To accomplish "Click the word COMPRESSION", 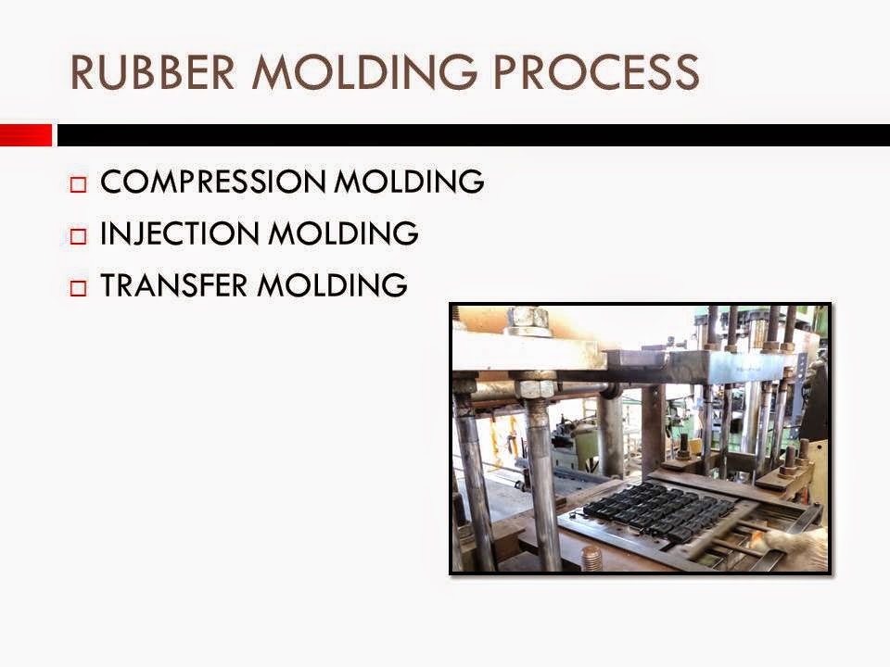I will coord(212,182).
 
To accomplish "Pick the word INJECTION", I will coord(179,233).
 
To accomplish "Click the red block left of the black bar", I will coord(25,135).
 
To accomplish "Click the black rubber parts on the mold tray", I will coord(658,510).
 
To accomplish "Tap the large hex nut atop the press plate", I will coord(529,318).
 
